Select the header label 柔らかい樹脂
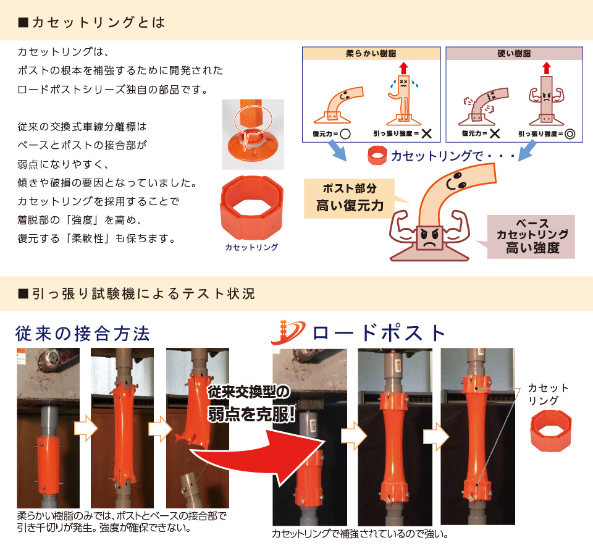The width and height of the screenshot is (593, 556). click(x=370, y=54)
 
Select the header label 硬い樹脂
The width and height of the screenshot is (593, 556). click(x=513, y=54)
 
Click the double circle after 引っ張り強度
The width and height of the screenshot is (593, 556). click(x=570, y=133)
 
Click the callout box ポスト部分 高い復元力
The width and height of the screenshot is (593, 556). click(x=349, y=198)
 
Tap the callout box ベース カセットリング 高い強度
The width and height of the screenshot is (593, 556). click(x=532, y=236)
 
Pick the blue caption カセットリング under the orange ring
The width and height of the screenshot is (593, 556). click(x=252, y=246)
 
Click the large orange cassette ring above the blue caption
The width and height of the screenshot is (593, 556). click(x=251, y=207)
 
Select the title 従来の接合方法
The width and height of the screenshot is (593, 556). click(x=83, y=334)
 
